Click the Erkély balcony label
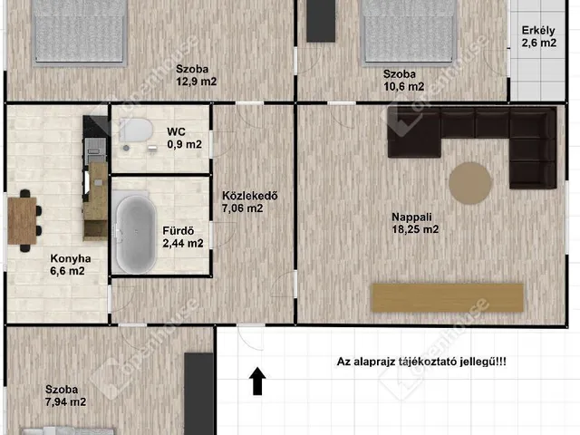(538, 30)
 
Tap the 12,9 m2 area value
(196, 82)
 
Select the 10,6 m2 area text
(403, 87)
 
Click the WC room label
(176, 131)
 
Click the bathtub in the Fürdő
(136, 235)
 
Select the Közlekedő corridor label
(250, 196)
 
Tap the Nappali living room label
(411, 217)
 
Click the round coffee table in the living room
(470, 183)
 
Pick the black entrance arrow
(257, 381)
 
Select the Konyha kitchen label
(71, 258)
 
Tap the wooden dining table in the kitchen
(22, 221)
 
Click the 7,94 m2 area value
(65, 401)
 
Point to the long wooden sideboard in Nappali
(448, 298)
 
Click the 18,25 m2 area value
(415, 229)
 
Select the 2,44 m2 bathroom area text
(183, 244)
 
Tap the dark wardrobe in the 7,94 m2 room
(199, 394)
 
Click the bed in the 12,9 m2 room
(80, 33)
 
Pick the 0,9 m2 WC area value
(184, 144)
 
